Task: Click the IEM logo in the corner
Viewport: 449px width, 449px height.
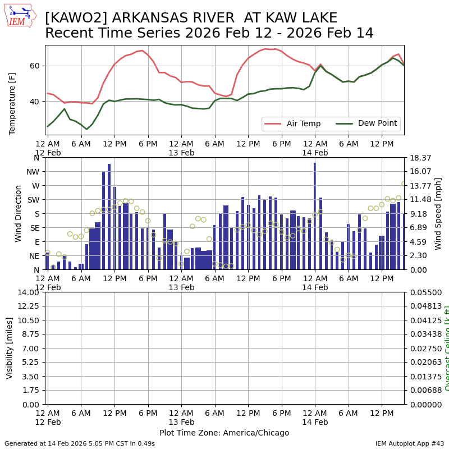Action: [x=20, y=16]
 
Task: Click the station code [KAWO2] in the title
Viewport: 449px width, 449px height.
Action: [x=71, y=19]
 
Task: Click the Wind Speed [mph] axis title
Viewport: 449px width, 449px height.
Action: [x=438, y=213]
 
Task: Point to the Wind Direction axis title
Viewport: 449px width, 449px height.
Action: [x=19, y=213]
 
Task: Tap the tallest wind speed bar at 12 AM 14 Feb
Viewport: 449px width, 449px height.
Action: [x=315, y=216]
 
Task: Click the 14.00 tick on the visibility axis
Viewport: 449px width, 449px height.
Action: [x=28, y=292]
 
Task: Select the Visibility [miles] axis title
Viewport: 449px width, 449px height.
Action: [x=10, y=348]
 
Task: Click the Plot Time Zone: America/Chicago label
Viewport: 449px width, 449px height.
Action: [x=224, y=433]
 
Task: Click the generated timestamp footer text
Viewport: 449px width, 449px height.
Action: [x=80, y=443]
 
